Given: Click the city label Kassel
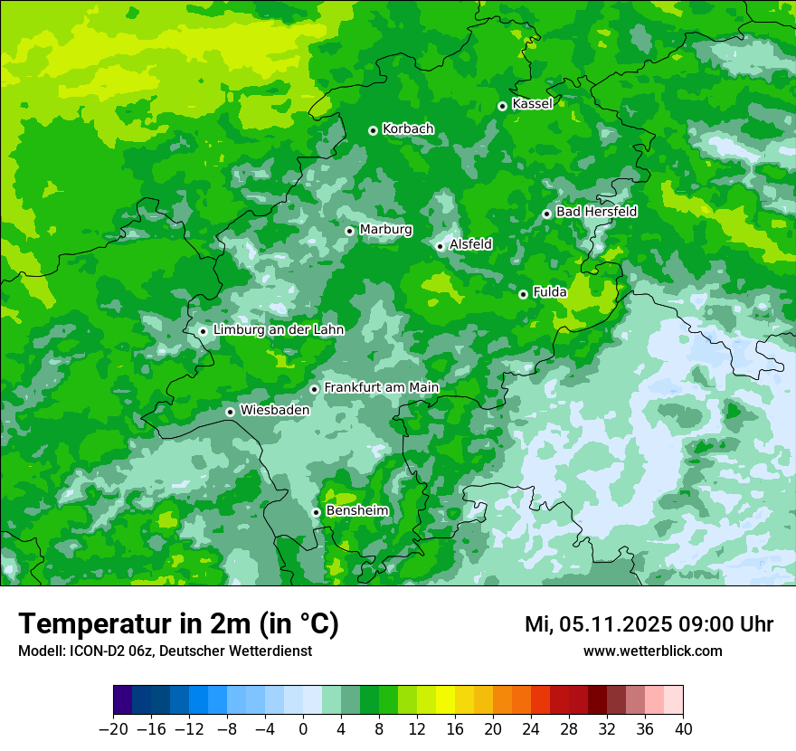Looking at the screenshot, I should (532, 104).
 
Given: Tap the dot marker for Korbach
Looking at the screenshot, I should (373, 130).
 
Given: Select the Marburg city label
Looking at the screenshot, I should (385, 230).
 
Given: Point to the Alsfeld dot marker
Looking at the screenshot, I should (440, 246).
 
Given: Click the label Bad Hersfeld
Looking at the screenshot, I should (596, 212).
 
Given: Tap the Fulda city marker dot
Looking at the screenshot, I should (523, 294).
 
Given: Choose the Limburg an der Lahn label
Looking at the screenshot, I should (278, 330).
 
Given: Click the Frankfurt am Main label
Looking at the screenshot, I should (381, 387).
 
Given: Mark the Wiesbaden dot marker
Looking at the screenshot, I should (230, 412).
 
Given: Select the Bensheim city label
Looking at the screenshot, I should (356, 511).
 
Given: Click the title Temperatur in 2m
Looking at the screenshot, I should (178, 623).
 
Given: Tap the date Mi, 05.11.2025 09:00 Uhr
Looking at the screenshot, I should (649, 624).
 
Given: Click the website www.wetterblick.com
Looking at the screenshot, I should (652, 651).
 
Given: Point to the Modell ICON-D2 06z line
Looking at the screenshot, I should (165, 651).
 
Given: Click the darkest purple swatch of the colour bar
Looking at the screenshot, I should (122, 699).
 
